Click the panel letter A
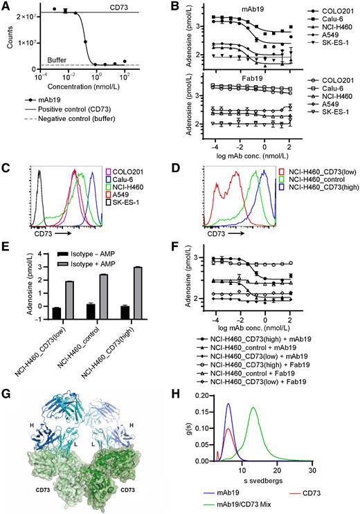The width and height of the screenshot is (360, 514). pos(6,6)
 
